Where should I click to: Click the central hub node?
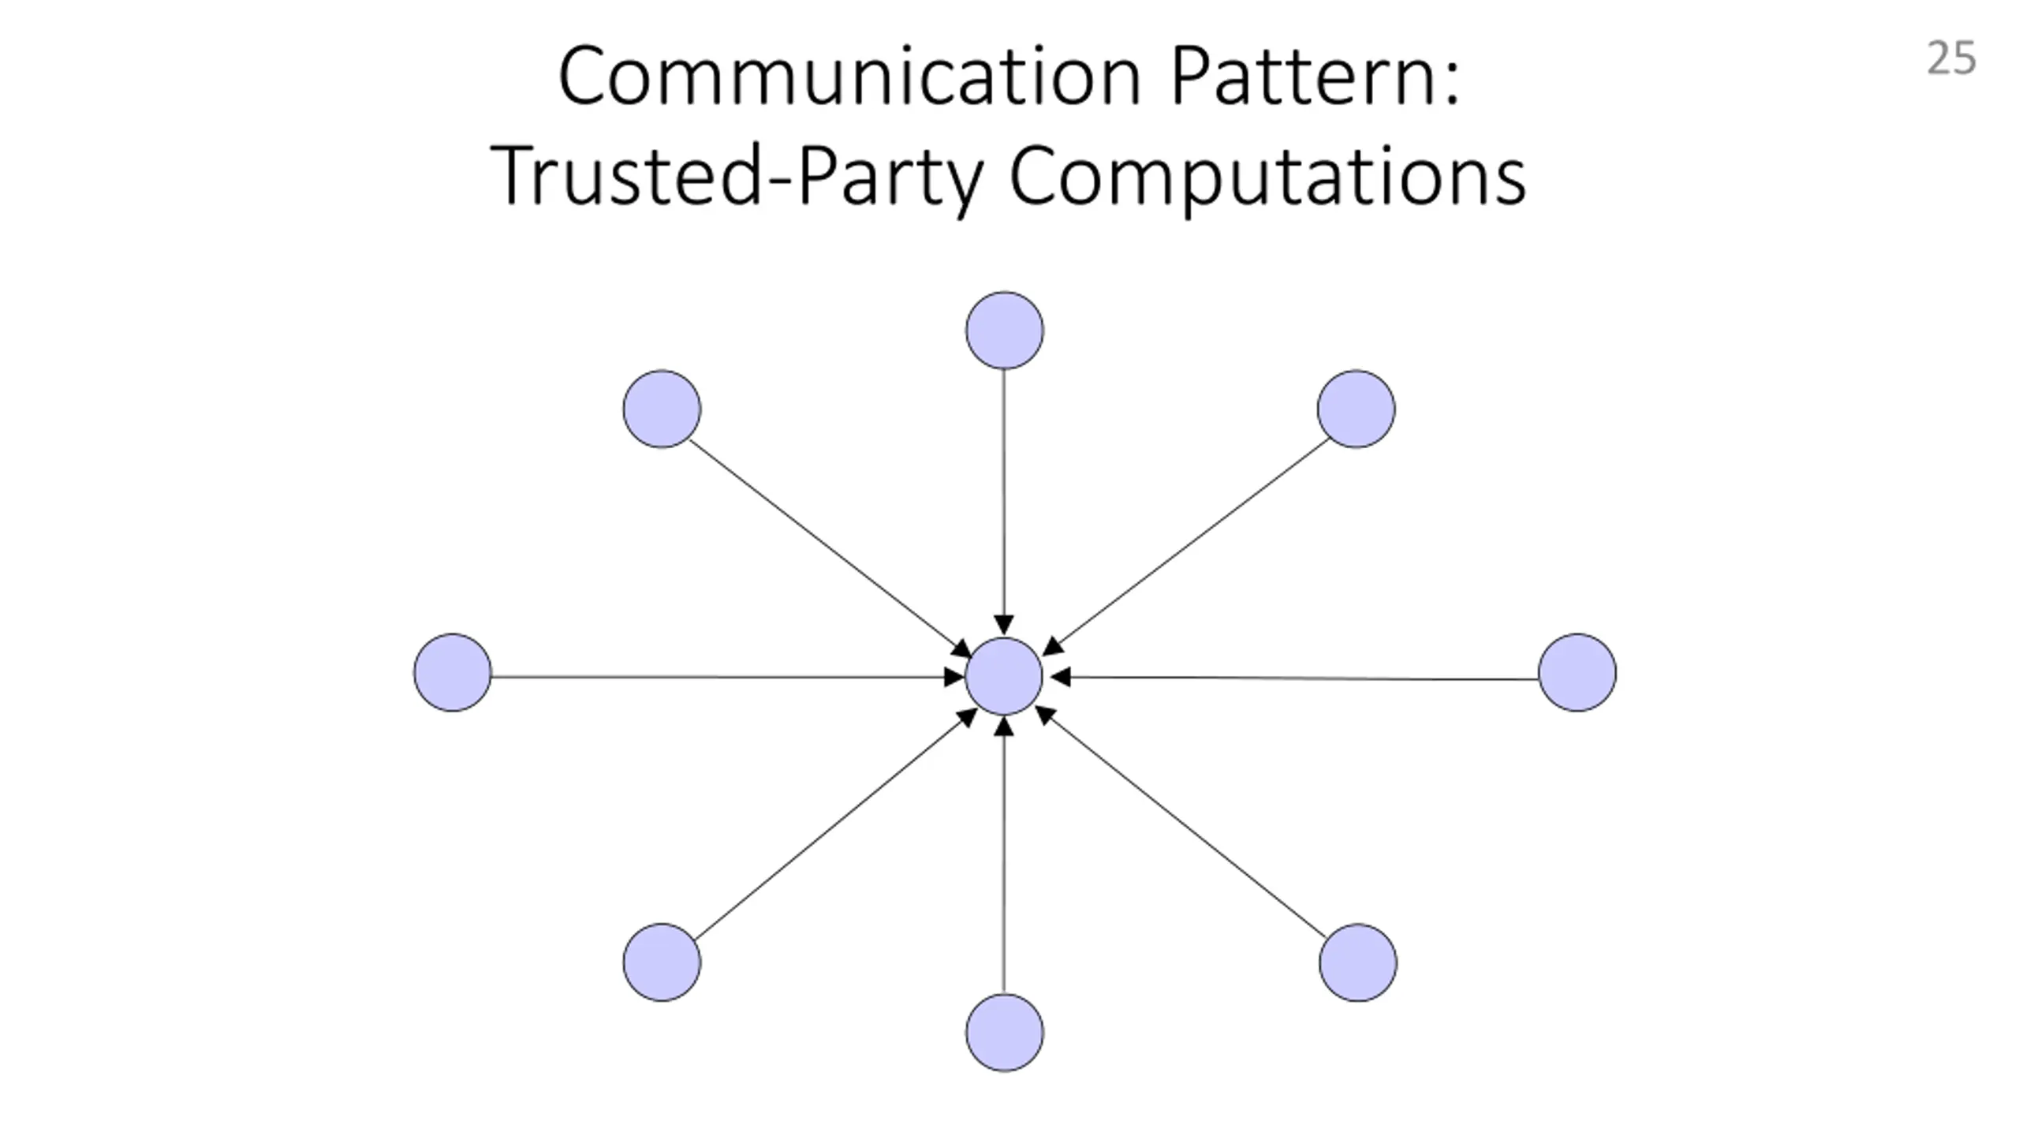[x=1004, y=676]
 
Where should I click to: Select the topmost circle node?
[x=1004, y=331]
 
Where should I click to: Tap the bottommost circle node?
[x=1004, y=1033]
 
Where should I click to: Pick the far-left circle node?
[x=453, y=673]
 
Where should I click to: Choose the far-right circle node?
[x=1577, y=673]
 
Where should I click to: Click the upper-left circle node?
[x=662, y=409]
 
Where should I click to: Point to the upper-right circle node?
[x=1356, y=409]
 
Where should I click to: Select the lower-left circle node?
[x=662, y=962]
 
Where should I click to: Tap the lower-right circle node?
[x=1357, y=962]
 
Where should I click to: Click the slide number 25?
[x=1951, y=59]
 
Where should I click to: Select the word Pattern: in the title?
[x=1316, y=77]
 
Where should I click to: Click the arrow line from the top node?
[x=1004, y=497]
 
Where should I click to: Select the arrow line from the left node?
[x=710, y=676]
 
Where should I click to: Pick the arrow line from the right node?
[x=1301, y=678]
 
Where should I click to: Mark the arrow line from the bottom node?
[x=1004, y=860]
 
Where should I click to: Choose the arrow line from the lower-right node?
[x=1183, y=824]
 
